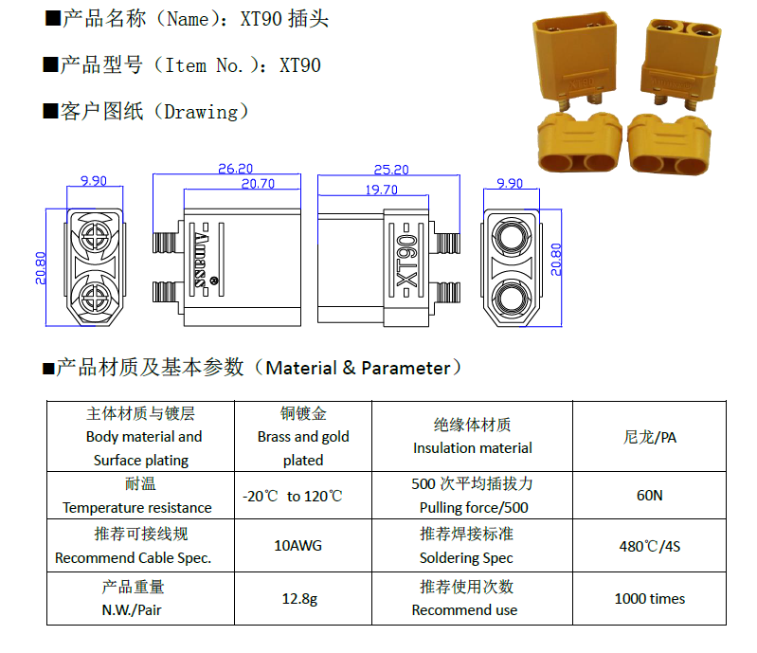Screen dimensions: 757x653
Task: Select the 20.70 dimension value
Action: [x=258, y=184]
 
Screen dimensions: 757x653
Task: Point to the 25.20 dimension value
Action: [x=391, y=170]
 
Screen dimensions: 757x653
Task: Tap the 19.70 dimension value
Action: [x=381, y=190]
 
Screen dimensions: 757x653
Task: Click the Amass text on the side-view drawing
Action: [x=199, y=257]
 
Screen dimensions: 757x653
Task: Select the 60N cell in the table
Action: [x=650, y=495]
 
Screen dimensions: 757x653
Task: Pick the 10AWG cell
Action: [x=302, y=545]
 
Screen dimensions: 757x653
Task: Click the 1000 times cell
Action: [x=650, y=598]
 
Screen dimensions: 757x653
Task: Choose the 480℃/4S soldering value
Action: [x=650, y=545]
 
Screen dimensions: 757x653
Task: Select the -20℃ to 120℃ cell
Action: [x=292, y=496]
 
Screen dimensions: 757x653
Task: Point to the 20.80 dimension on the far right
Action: [x=556, y=260]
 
